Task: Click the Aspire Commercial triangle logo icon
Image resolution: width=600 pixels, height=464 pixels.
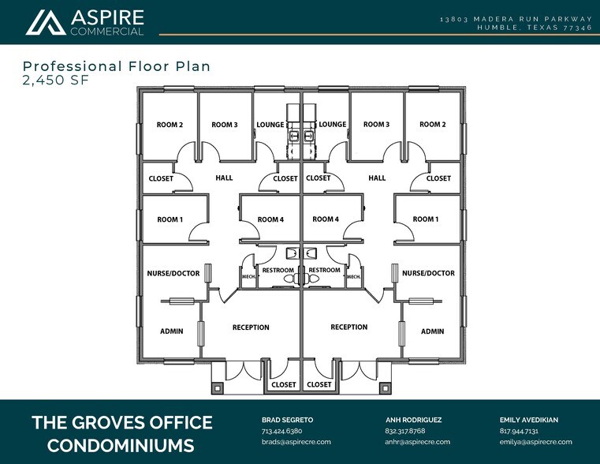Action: click(45, 23)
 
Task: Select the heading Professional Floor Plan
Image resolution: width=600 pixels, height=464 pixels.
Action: click(117, 66)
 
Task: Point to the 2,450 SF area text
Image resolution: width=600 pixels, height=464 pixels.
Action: click(51, 80)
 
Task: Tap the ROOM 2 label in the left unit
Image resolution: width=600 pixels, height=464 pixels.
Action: click(170, 125)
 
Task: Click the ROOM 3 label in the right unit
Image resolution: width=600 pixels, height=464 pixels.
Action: click(376, 125)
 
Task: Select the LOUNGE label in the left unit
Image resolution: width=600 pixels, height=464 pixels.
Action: click(270, 125)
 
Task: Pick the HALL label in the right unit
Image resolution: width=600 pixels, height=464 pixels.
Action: click(377, 178)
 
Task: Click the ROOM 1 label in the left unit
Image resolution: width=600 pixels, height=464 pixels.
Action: click(170, 219)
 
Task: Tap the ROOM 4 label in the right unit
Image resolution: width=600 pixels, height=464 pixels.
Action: click(326, 219)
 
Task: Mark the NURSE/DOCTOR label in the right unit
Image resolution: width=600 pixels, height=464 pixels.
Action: click(428, 273)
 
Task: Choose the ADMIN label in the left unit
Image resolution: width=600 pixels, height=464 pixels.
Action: click(172, 331)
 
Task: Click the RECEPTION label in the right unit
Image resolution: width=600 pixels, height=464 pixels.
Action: click(349, 327)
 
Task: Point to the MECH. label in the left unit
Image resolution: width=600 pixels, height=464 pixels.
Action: click(247, 277)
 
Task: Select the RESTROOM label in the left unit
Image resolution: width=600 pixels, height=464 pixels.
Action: click(278, 270)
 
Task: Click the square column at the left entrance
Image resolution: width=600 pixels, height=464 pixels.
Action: click(217, 387)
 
